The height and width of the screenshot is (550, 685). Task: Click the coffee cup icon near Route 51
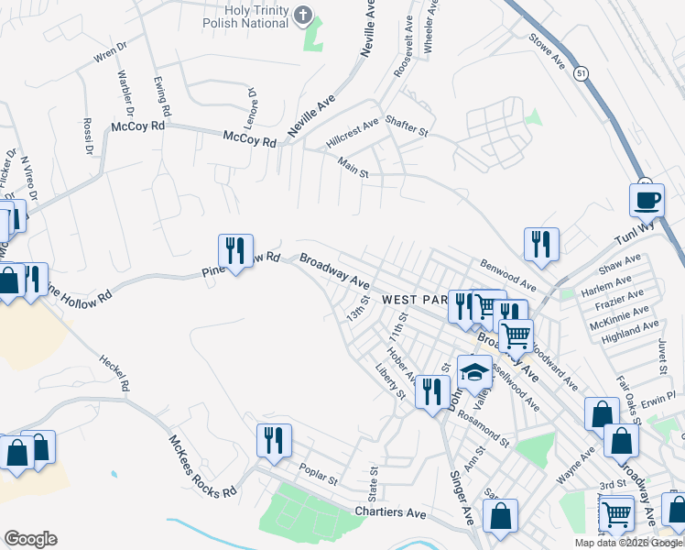[x=647, y=199]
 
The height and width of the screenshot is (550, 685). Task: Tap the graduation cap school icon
[x=474, y=371]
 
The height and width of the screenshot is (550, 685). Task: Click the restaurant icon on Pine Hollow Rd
[x=234, y=250]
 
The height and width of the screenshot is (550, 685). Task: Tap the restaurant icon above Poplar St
[x=274, y=440]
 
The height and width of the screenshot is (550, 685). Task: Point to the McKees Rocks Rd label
[x=201, y=465]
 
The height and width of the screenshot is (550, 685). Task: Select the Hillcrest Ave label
[x=352, y=133]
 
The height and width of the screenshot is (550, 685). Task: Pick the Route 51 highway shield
[x=582, y=71]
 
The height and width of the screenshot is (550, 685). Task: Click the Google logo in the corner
[x=30, y=539]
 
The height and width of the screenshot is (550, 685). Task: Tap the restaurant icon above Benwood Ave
[x=540, y=244]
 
